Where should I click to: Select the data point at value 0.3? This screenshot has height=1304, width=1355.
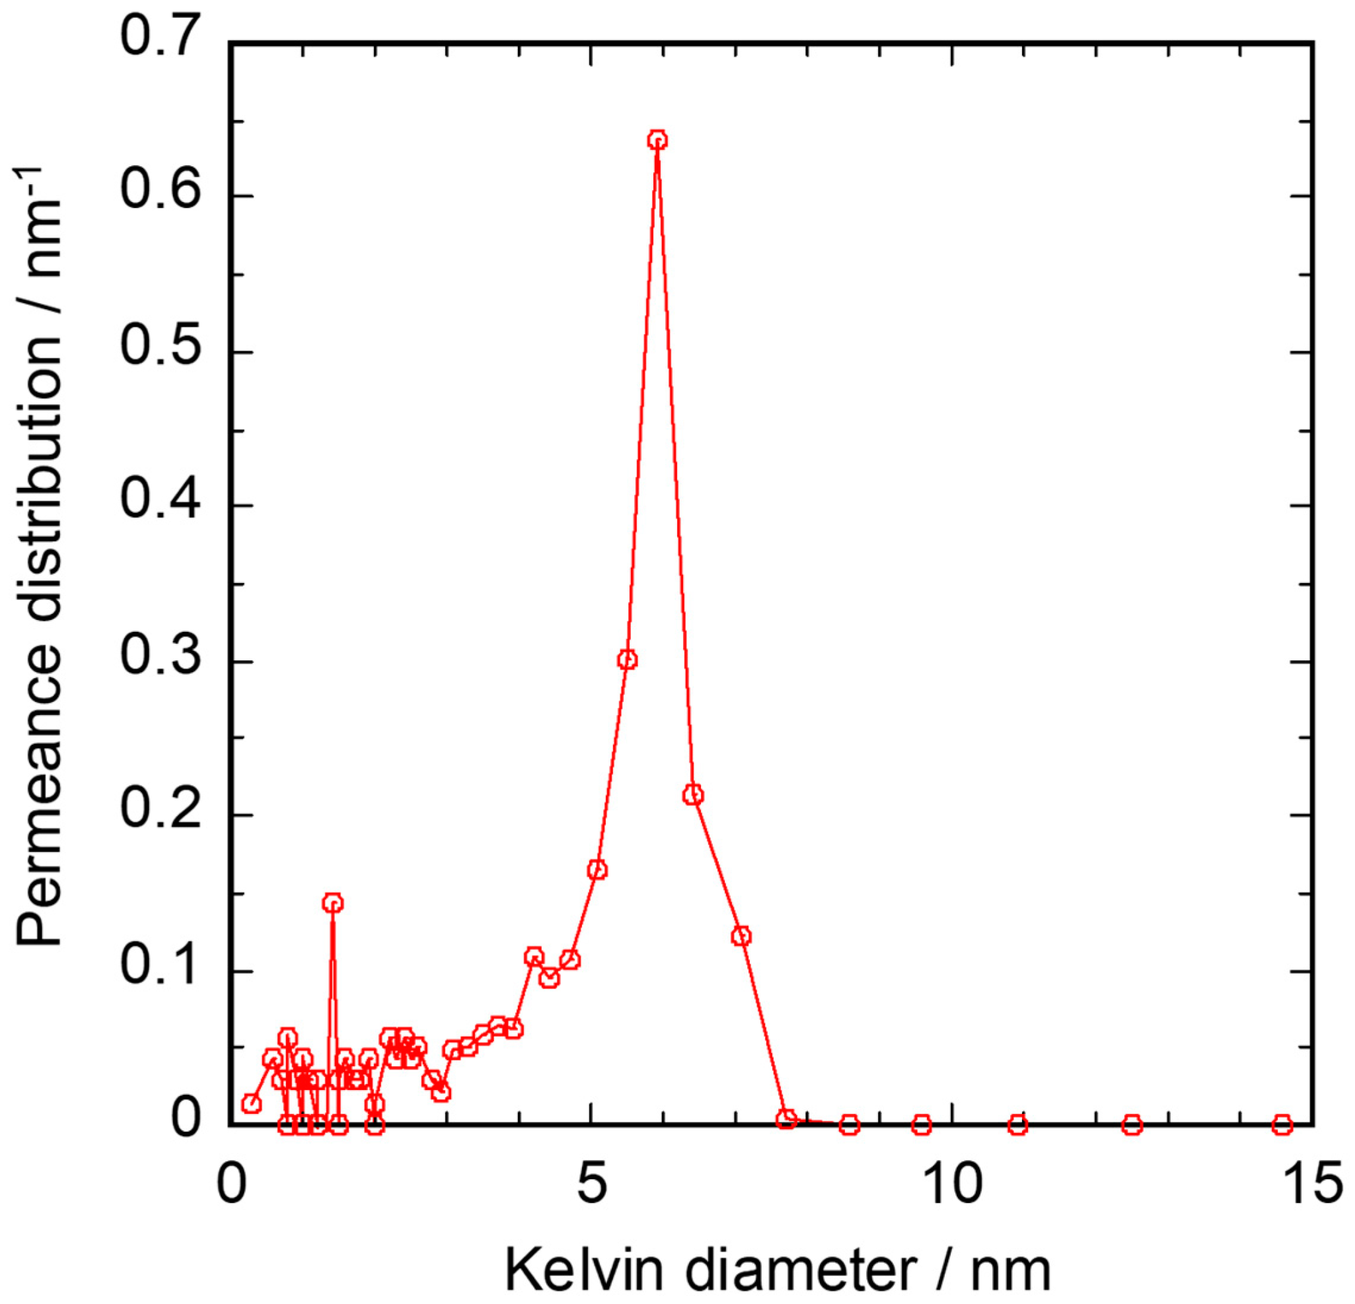click(x=627, y=660)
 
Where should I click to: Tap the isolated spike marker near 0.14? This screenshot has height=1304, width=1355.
click(x=333, y=903)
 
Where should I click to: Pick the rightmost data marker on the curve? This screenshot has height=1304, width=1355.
click(x=1282, y=1124)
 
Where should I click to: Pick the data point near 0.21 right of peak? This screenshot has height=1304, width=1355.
click(x=694, y=796)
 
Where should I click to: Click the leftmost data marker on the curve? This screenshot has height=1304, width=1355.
click(x=251, y=1103)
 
